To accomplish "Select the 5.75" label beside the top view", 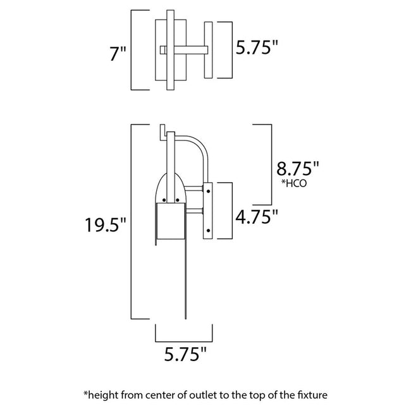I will (x=257, y=49).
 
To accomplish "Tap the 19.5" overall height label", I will (x=107, y=224).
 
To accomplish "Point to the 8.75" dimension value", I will (x=298, y=169).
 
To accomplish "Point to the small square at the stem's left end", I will (x=163, y=49).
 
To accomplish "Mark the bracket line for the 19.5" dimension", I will (x=131, y=221).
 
